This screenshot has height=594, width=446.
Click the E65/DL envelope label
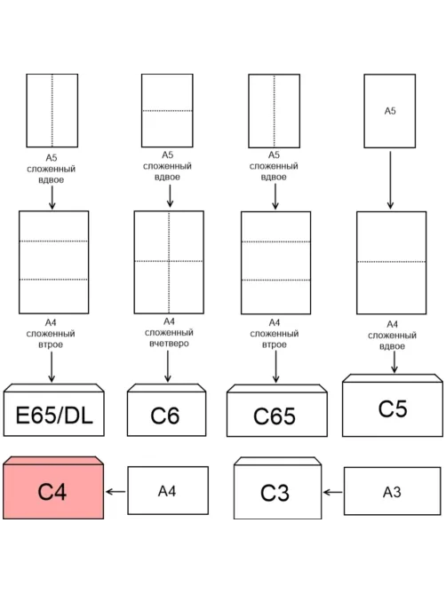(54, 415)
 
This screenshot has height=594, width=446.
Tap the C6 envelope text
(165, 416)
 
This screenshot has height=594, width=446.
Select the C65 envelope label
(275, 416)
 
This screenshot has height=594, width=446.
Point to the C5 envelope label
(393, 408)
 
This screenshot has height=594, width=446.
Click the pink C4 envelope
(53, 487)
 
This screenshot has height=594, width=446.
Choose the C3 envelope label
(275, 493)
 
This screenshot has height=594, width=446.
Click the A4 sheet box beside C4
(168, 491)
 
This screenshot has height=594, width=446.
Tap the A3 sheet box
(392, 491)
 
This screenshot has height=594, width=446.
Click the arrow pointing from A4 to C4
(115, 492)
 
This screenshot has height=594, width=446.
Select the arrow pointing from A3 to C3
(332, 493)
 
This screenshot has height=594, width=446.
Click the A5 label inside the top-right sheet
(390, 111)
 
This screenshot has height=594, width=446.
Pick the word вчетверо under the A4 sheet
(169, 344)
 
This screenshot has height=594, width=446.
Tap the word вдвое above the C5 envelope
(392, 346)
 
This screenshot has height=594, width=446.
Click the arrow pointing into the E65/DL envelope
(52, 367)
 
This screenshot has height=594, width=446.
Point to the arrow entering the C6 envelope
(168, 366)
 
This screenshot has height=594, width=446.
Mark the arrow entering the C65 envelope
(275, 367)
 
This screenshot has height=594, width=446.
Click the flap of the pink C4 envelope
(53, 461)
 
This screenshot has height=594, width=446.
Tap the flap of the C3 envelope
(278, 461)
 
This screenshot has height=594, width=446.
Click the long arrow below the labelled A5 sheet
(390, 180)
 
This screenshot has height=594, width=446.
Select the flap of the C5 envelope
(393, 378)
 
